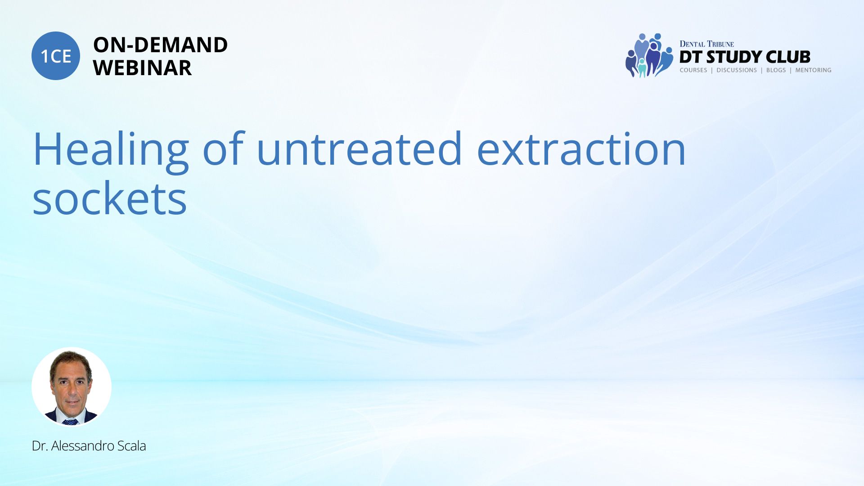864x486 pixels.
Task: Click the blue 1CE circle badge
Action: [56, 56]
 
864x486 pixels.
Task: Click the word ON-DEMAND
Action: [160, 45]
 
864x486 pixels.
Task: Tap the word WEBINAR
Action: [142, 68]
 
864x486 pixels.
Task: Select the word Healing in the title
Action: [111, 150]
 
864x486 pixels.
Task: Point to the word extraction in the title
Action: [581, 149]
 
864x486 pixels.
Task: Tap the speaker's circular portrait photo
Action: [72, 387]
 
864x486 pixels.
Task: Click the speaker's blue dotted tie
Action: [70, 422]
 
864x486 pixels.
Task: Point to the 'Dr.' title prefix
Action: [40, 445]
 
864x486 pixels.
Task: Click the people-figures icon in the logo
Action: [649, 55]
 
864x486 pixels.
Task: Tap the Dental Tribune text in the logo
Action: [706, 44]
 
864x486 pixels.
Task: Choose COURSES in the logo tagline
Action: [693, 70]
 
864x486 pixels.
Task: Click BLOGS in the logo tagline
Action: [776, 70]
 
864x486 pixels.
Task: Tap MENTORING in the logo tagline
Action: [813, 70]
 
